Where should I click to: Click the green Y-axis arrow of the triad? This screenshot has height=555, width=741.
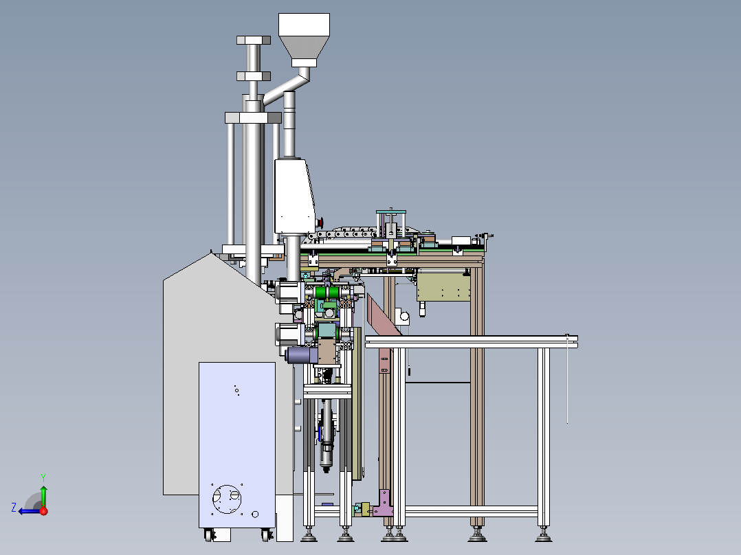click(43, 495)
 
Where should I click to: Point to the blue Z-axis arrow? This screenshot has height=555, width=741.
click(27, 510)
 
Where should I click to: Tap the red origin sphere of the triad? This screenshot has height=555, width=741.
click(43, 510)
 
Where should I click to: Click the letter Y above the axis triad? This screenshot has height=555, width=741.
click(43, 477)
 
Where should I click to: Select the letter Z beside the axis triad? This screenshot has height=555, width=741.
click(14, 508)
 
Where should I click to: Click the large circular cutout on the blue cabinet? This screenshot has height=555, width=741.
click(226, 497)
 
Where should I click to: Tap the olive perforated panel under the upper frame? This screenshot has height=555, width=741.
click(444, 287)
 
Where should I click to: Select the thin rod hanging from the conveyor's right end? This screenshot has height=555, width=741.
click(567, 381)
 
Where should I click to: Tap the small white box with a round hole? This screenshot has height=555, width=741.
click(403, 315)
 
